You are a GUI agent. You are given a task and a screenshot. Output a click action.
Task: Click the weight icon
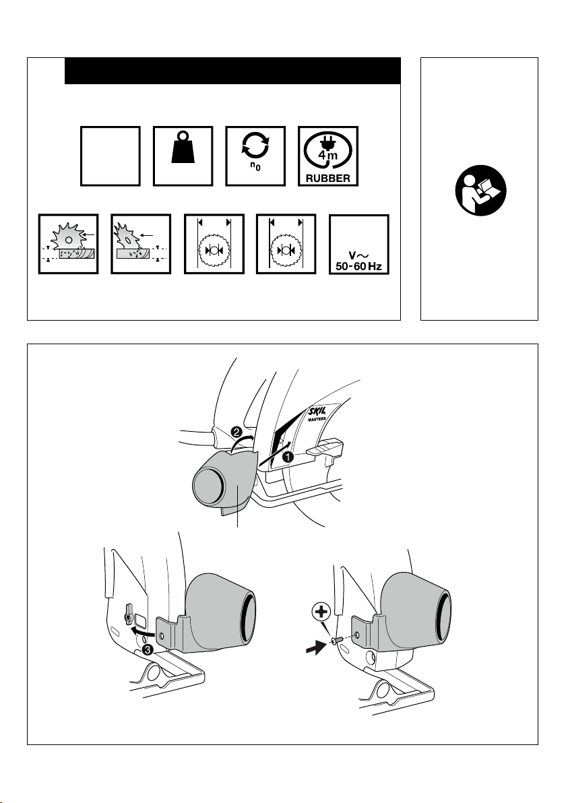click(183, 147)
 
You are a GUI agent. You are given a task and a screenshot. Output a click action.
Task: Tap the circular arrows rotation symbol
click(255, 144)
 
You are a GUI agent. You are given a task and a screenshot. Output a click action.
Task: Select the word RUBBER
click(328, 179)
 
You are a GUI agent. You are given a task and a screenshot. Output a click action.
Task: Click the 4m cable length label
click(327, 155)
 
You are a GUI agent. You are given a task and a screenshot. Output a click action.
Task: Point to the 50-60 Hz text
click(358, 266)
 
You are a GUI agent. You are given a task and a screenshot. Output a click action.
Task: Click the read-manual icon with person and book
click(480, 191)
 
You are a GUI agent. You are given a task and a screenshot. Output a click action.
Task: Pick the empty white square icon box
click(110, 156)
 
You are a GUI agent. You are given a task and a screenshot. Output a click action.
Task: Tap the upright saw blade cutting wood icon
click(69, 245)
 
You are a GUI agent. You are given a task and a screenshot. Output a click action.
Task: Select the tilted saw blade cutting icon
click(141, 245)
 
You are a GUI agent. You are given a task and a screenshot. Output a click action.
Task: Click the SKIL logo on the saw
click(317, 411)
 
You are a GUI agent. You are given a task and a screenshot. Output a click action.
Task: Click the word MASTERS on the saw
click(317, 418)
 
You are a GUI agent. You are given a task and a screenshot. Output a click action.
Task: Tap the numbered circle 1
click(287, 457)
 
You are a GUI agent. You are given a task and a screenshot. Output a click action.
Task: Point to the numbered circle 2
click(237, 432)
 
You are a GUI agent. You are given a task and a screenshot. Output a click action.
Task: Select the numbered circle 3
click(147, 650)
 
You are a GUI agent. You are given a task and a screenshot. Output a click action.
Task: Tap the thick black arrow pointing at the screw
click(315, 648)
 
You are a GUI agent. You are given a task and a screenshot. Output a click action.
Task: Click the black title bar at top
click(232, 71)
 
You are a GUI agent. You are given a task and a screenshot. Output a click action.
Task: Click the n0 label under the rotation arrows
click(255, 166)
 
